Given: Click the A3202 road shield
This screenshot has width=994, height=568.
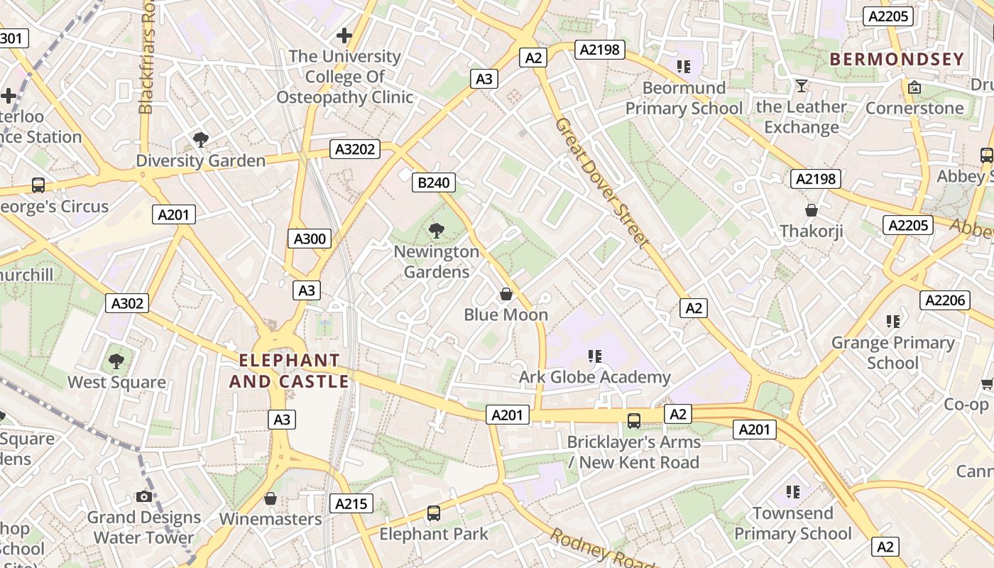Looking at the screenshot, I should point(355,149).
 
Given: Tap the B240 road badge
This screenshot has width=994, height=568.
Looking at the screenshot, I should point(433,182).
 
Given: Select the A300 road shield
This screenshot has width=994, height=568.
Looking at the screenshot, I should point(310,239).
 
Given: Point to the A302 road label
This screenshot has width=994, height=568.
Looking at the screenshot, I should point(128,303).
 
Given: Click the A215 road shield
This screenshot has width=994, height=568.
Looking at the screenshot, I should point(351,503).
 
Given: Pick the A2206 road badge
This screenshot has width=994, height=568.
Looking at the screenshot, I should point(945,300).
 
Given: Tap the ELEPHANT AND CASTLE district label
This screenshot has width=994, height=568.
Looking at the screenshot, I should point(289,371).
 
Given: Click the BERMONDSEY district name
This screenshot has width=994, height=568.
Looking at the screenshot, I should point(897,59).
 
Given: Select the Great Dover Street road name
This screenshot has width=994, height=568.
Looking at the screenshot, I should point(602,182).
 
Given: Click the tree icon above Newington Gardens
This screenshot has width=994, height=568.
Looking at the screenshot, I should point(437,230).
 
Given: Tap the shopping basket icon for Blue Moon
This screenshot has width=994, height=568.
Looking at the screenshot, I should point(506,293).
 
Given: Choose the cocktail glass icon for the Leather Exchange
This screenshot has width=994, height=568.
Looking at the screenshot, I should point(802,86).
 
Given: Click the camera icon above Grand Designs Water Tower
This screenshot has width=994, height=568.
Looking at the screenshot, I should point(144,496).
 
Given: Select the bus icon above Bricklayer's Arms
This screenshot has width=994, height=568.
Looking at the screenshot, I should point(634,420).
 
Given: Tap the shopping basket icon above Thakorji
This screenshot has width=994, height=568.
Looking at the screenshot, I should point(811,210).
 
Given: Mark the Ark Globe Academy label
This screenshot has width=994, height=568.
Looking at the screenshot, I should point(594,377).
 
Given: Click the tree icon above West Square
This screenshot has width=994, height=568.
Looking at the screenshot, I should point(116,361).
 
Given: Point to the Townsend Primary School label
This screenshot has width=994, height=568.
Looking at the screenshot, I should point(792,523).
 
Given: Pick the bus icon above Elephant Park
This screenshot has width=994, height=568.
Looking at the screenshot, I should point(434,513).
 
